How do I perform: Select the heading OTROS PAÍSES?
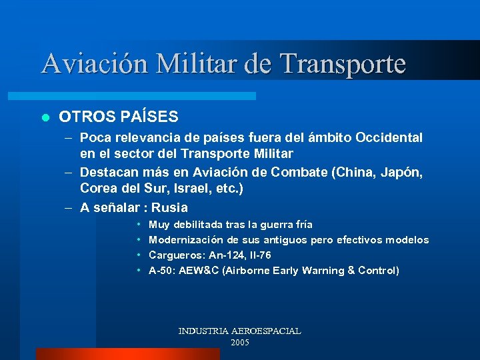119,117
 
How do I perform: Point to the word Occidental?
389,138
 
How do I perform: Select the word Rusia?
169,207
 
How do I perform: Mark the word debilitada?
200,225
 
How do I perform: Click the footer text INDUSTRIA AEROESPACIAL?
239,331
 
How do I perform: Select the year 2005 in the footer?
239,342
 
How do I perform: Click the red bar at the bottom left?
127,354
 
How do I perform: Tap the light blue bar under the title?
147,96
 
